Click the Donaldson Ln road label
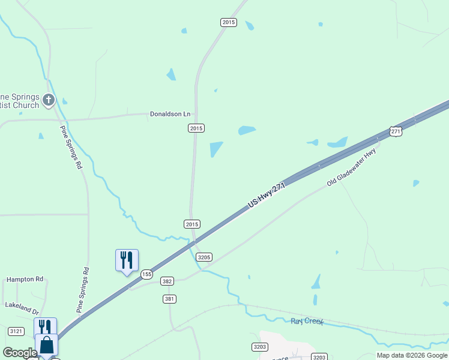[x=170, y=114]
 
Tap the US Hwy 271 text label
[x=265, y=197]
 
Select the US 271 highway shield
[x=395, y=131]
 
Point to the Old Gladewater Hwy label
[x=351, y=168]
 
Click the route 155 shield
[x=146, y=274]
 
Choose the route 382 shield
[x=167, y=281]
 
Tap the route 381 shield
[x=169, y=299]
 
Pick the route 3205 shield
[x=204, y=257]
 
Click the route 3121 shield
[x=16, y=331]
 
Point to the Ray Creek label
[x=307, y=322]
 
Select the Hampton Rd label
[x=25, y=279]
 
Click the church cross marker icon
[x=49, y=100]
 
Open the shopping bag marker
[x=46, y=345]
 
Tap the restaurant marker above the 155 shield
[x=127, y=260]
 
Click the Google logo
[x=20, y=353]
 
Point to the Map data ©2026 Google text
[x=412, y=355]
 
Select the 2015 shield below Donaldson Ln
[x=196, y=128]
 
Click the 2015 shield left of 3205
[x=191, y=224]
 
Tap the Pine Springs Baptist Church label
[x=20, y=101]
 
